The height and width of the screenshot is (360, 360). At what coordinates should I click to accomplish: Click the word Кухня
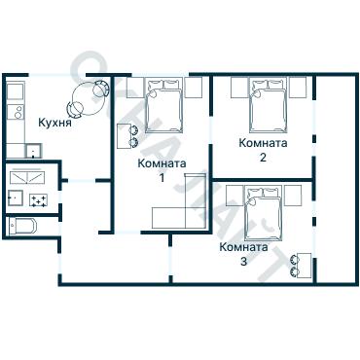[54, 123]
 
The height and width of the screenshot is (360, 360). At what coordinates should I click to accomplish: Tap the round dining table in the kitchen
[89, 98]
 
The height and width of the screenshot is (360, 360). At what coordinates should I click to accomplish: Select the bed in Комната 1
[163, 105]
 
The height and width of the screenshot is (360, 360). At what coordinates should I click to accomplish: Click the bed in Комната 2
[269, 105]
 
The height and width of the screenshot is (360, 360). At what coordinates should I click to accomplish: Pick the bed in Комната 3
[264, 213]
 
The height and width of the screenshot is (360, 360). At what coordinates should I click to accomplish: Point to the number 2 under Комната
[263, 158]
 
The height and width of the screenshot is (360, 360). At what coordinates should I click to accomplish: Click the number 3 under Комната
[243, 262]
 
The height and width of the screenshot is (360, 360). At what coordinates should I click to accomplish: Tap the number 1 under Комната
[162, 178]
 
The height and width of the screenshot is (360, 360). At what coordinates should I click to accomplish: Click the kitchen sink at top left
[15, 91]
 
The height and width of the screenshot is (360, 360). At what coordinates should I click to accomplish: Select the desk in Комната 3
[305, 266]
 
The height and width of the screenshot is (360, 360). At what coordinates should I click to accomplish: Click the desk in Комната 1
[124, 136]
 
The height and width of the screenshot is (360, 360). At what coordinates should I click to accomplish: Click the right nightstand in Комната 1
[194, 88]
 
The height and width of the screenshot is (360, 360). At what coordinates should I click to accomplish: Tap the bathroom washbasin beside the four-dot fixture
[16, 198]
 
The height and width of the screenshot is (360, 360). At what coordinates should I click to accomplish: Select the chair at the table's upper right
[101, 88]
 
